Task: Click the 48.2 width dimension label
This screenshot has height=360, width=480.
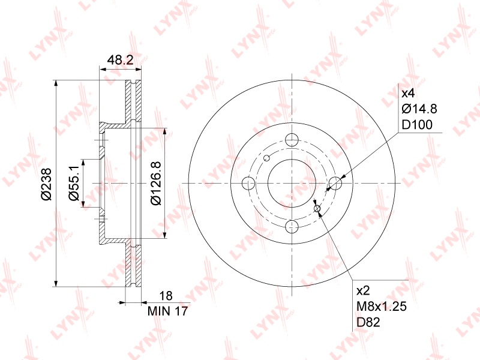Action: pos(121,60)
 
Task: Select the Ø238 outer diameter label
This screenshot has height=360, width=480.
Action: pos(47,184)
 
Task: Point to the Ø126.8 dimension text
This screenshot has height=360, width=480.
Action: pos(156,184)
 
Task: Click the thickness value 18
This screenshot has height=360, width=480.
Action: pos(166,296)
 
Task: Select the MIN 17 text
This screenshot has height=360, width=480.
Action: pos(167,311)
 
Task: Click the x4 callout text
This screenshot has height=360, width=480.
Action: pos(408,93)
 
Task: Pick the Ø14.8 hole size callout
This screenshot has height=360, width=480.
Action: pos(419,109)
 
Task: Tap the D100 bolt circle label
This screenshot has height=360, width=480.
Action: pos(417,125)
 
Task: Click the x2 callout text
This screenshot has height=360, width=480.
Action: pos(364,291)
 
